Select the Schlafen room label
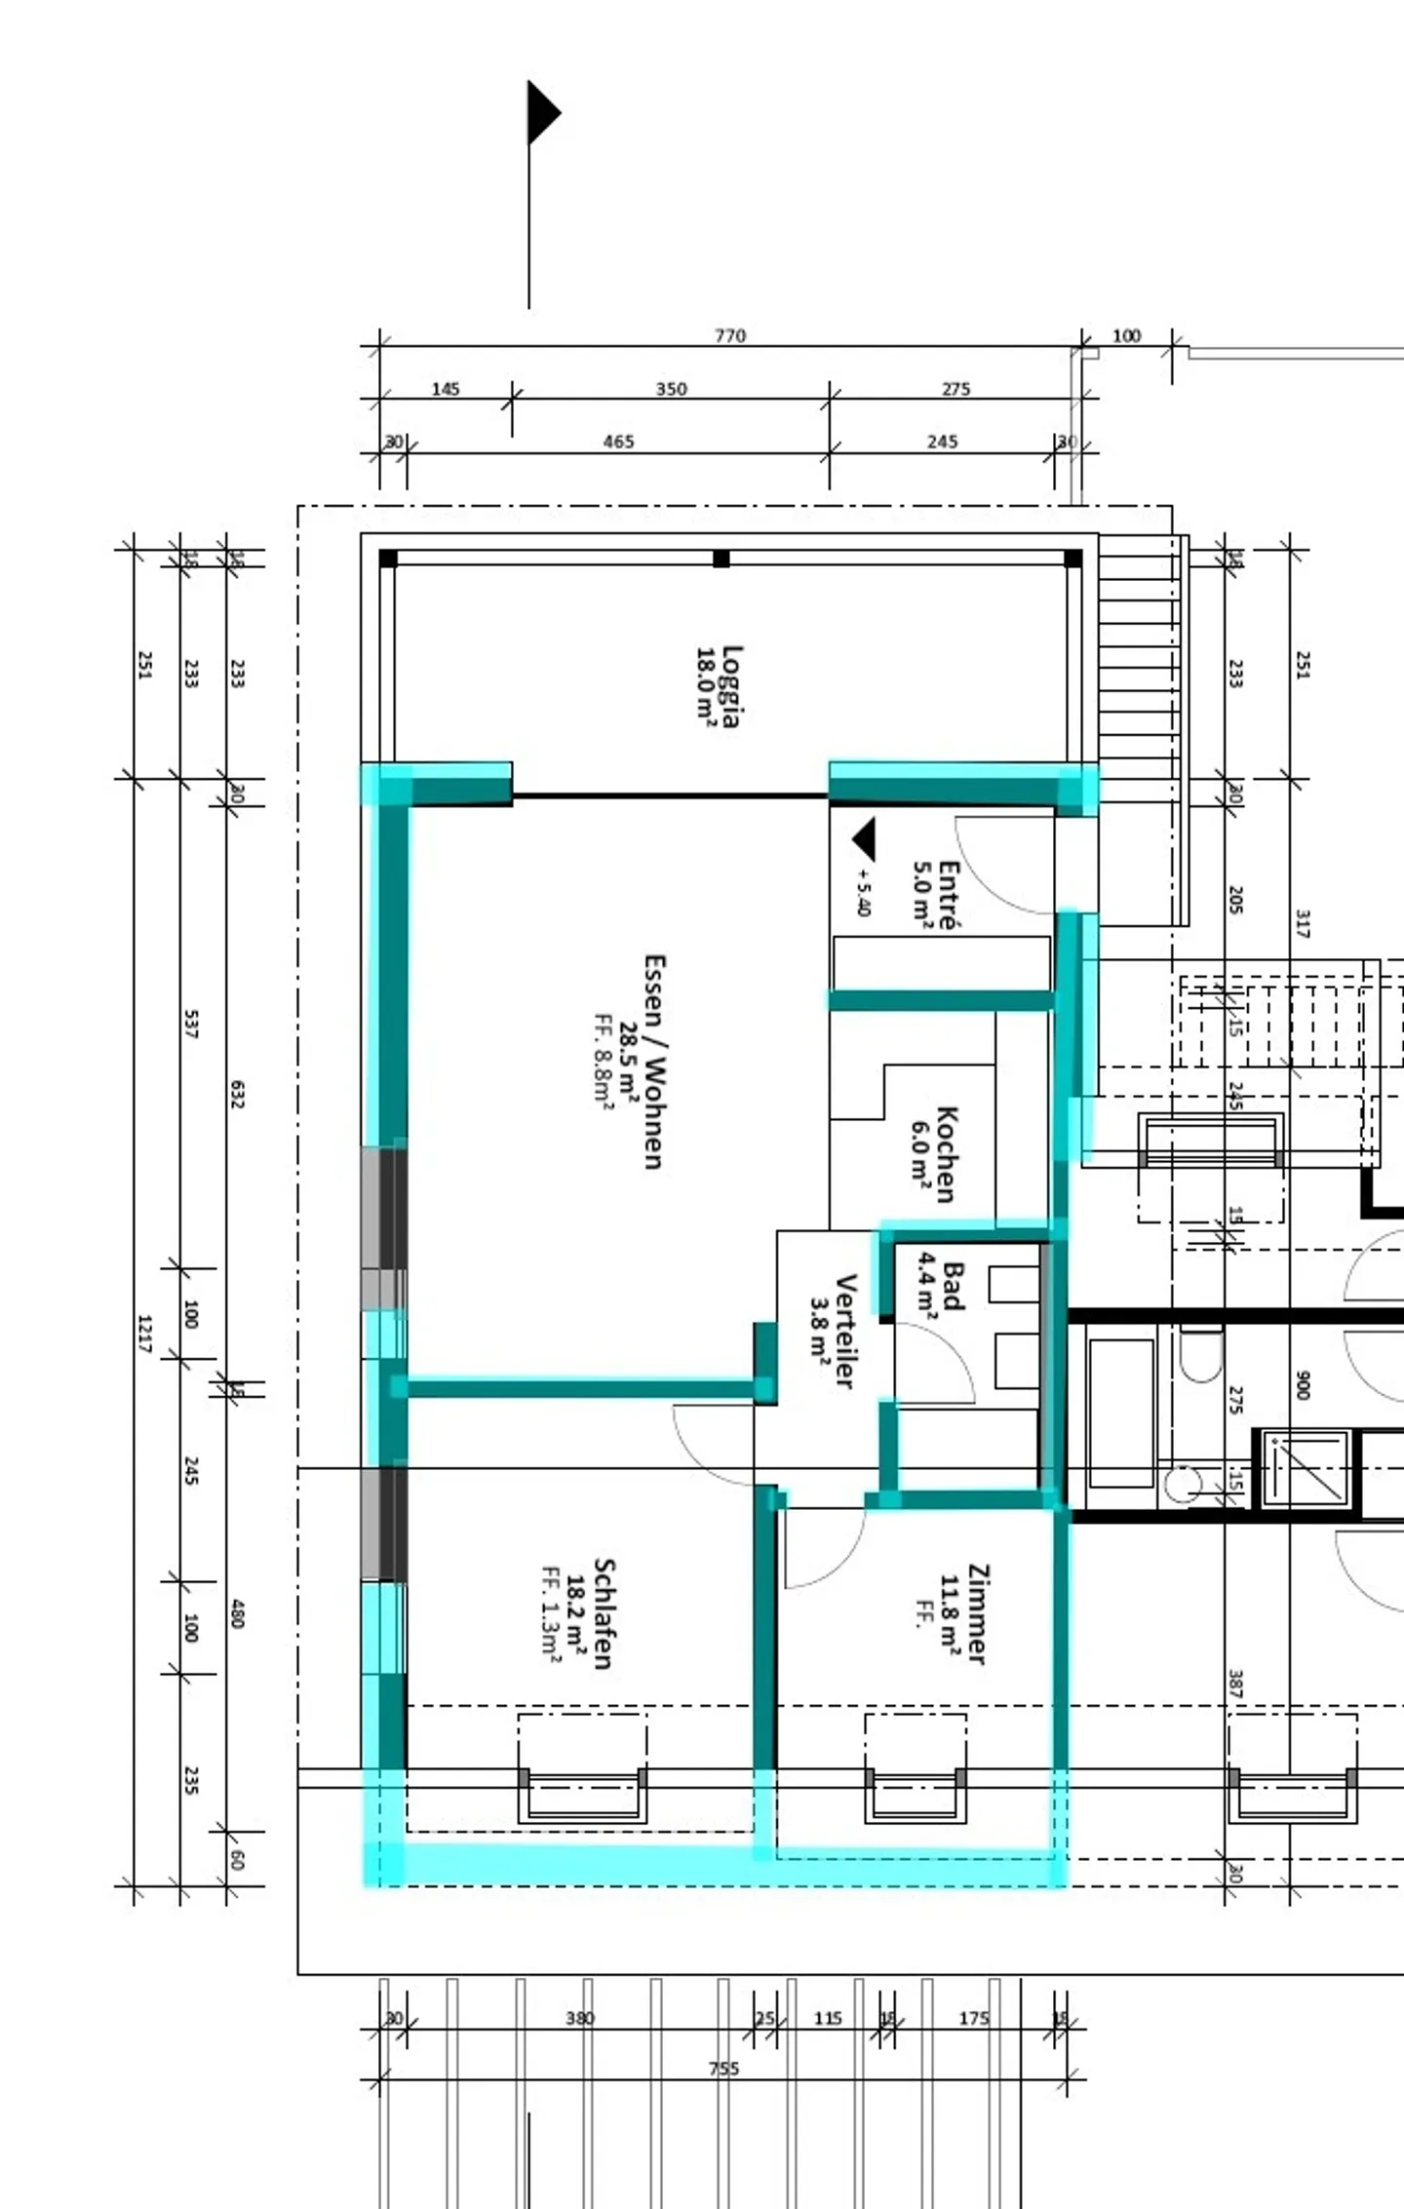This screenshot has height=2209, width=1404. (x=603, y=1614)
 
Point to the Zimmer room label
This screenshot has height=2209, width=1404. (x=977, y=1614)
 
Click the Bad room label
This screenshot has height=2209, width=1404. (x=953, y=1286)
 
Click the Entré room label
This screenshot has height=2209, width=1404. (x=947, y=894)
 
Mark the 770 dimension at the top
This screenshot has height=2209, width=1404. (x=729, y=335)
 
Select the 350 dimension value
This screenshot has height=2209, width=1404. (x=671, y=389)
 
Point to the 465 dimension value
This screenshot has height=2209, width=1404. (x=618, y=442)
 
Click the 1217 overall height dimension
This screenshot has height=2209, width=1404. (x=144, y=1334)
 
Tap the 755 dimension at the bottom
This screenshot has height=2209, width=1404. (x=723, y=2069)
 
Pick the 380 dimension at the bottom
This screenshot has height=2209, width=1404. (x=579, y=2018)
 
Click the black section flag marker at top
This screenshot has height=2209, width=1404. (x=542, y=113)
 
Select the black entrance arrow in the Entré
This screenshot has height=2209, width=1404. (x=865, y=838)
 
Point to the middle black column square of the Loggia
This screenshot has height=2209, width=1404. (x=721, y=559)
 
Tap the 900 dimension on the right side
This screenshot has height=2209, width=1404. (x=1303, y=1385)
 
